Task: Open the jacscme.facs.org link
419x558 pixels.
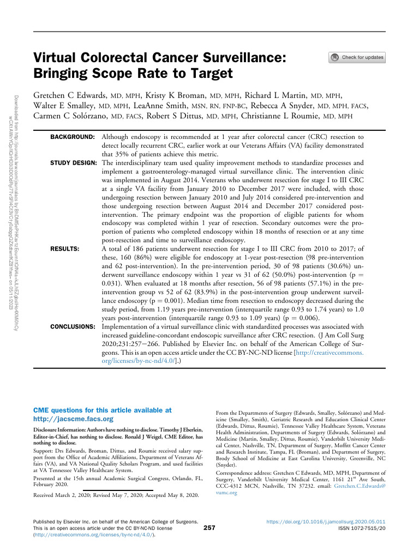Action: pos(74,419)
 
